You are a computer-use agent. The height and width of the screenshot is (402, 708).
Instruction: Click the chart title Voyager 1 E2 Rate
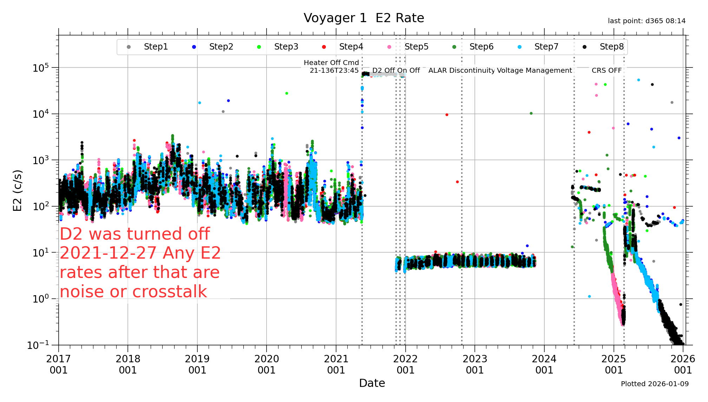(364, 18)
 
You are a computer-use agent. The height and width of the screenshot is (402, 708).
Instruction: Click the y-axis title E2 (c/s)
(18, 190)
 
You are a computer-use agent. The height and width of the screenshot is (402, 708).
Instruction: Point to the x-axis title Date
(372, 383)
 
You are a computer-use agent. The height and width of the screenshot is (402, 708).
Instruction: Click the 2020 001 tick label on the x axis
(267, 364)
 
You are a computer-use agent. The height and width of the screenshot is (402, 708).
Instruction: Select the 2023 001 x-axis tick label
(475, 364)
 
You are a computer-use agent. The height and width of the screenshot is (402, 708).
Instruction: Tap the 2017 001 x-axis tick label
(58, 364)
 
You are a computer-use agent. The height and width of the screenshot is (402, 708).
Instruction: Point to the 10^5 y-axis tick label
(41, 67)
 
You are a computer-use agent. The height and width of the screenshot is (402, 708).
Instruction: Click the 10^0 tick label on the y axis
(41, 299)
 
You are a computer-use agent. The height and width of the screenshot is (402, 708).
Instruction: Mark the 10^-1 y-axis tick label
(39, 345)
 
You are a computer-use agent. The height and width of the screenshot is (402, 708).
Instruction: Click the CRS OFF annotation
(607, 70)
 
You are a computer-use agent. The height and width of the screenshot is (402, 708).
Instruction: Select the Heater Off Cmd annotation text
(331, 63)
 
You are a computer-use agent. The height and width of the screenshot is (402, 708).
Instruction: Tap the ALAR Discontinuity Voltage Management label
(500, 70)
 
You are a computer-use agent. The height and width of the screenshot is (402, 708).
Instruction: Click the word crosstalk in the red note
(170, 292)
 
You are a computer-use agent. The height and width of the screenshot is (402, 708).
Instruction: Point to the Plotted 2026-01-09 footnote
(655, 384)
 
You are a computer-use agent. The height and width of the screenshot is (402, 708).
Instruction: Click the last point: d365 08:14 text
(647, 21)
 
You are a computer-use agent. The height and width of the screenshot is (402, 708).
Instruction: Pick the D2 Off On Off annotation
(396, 70)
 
